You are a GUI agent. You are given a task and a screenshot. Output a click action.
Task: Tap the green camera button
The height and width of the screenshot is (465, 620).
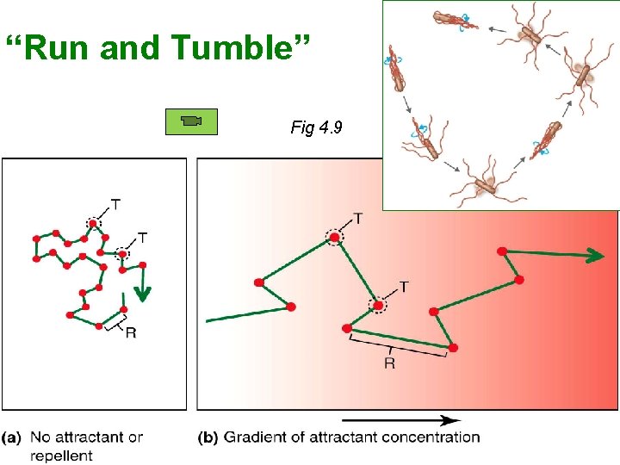tap(191, 122)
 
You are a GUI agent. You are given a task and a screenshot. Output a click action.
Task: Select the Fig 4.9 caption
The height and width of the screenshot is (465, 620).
tap(317, 128)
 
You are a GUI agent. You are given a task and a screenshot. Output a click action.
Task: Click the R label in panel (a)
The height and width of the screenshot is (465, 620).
tap(130, 332)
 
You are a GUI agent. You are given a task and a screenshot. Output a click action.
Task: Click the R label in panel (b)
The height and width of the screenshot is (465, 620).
tap(389, 363)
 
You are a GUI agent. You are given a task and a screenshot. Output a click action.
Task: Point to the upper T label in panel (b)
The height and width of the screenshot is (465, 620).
tap(357, 219)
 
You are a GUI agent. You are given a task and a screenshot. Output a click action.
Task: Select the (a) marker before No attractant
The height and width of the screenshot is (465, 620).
tap(14, 437)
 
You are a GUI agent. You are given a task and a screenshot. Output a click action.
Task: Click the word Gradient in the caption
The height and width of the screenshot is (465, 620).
tap(256, 437)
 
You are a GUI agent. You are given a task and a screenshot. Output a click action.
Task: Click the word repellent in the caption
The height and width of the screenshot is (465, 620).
tap(61, 455)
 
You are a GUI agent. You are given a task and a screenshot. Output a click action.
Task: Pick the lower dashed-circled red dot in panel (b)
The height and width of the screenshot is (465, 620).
tap(376, 304)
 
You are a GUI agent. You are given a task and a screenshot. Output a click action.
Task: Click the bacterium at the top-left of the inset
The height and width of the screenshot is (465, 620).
tap(449, 20)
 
